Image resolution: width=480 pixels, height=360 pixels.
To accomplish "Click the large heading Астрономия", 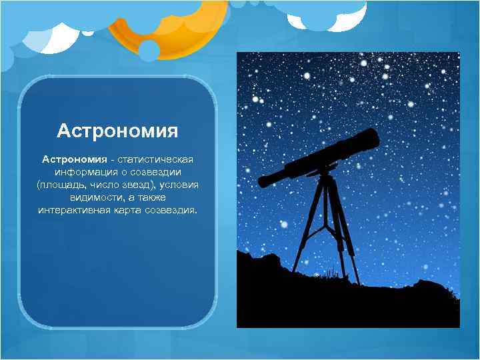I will coord(117,130).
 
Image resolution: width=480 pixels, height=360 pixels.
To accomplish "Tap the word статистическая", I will coord(156,159).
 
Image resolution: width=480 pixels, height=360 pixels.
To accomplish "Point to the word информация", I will coord(84,172).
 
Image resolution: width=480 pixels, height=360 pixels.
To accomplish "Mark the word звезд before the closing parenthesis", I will coord(139,185).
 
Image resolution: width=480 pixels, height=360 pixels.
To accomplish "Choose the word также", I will coord(151,197).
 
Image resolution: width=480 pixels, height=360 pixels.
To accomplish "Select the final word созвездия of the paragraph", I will coord(171,210).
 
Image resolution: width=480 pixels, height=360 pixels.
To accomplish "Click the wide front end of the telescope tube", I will coord(368,141).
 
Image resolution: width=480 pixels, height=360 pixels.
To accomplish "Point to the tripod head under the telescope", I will coord(325,175).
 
